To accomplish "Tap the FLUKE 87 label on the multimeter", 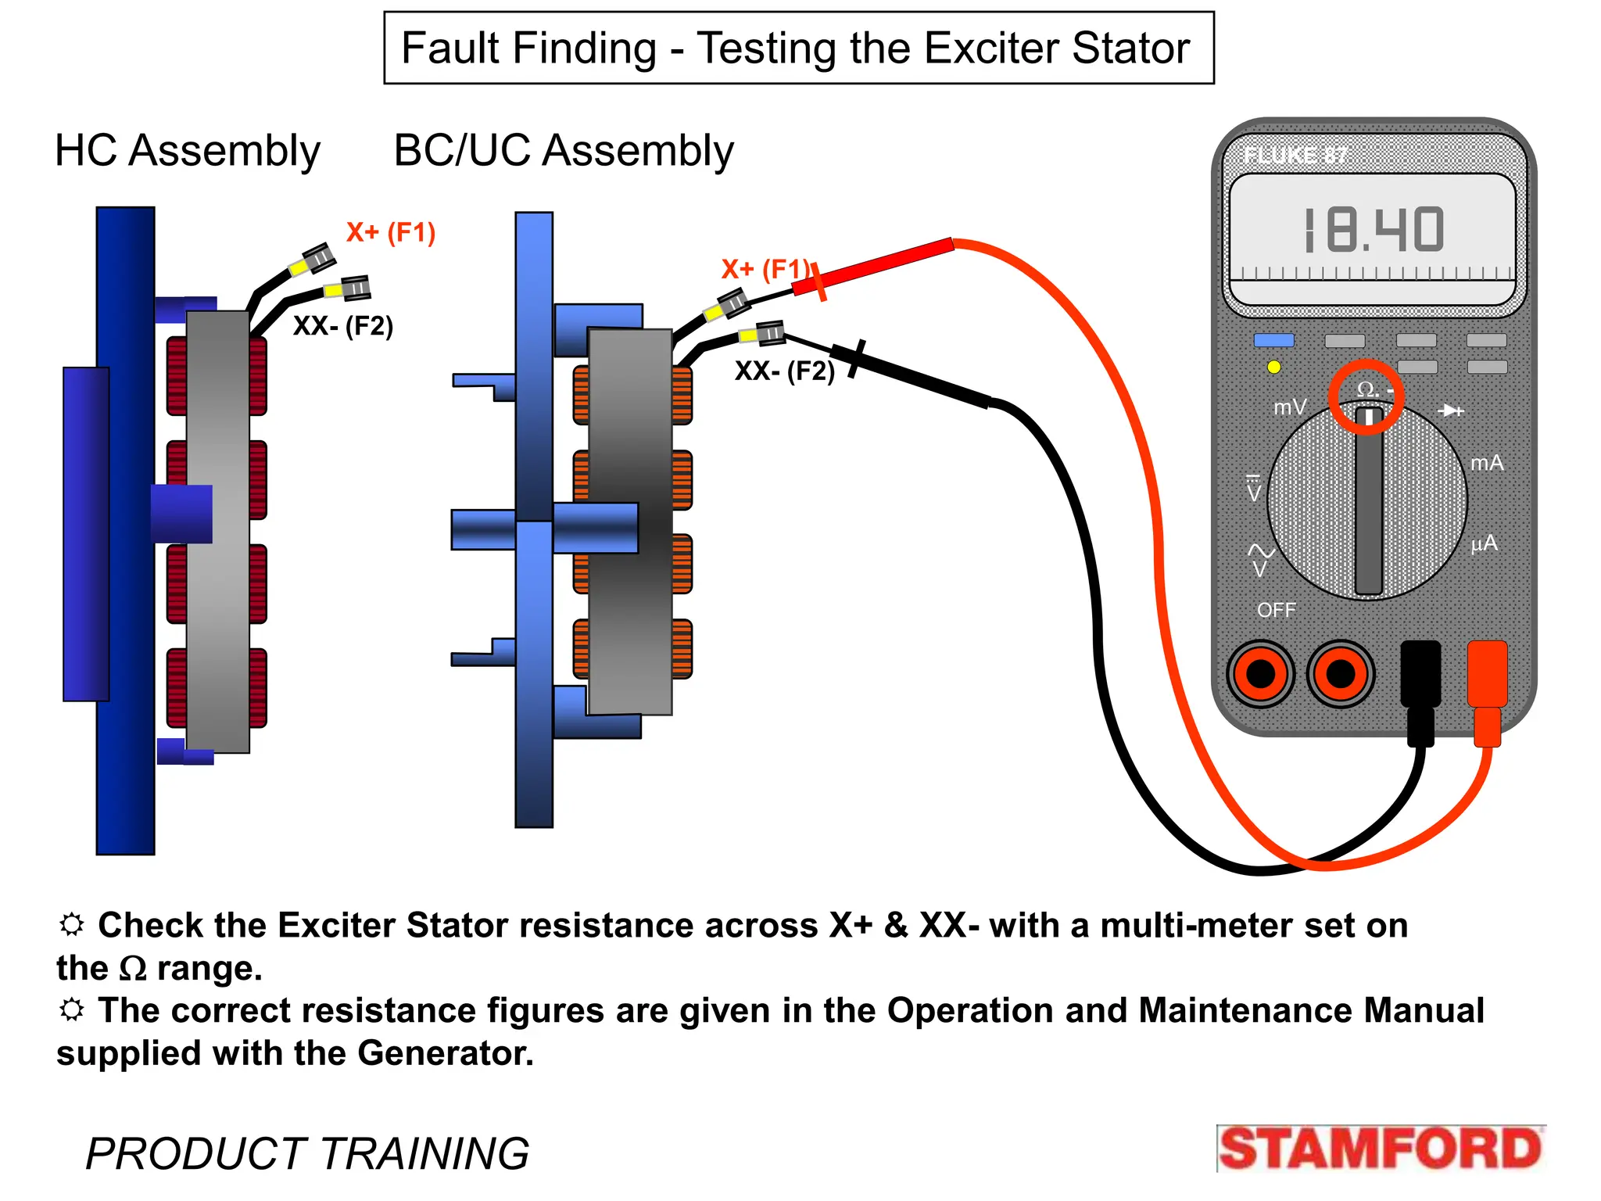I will coord(1295,156).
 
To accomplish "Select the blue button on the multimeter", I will coord(1273,340).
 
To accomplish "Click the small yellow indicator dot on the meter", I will coord(1273,367).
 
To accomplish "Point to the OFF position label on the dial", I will coord(1276,610).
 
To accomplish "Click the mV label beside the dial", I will coord(1289,407).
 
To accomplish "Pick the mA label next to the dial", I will coord(1486,463).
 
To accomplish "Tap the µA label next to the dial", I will coord(1484,543).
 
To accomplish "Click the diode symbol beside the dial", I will coord(1450,410).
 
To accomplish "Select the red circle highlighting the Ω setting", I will coord(1366,396).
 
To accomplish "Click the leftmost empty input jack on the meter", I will coord(1260,673).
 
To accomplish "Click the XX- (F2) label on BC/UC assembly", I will coord(784,371).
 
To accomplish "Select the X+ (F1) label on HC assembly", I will coord(391,232).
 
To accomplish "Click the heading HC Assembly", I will coord(188,150).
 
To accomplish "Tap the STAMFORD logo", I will coord(1380,1149).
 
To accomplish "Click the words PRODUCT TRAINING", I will coord(307,1153).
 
